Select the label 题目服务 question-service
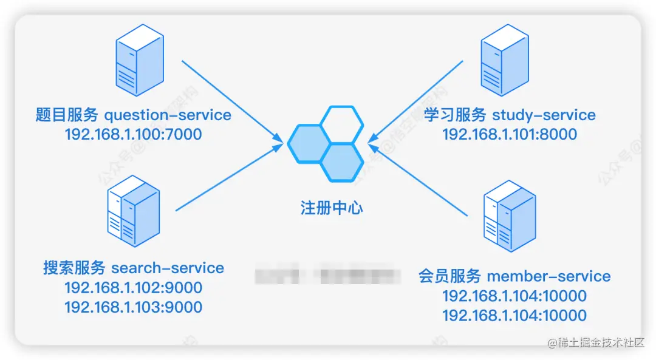(x=133, y=115)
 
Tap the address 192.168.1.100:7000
(x=133, y=134)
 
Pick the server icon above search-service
(x=134, y=211)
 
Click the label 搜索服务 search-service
(x=134, y=268)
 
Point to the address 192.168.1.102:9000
(x=134, y=287)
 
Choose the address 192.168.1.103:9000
(x=134, y=307)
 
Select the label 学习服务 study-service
(x=510, y=115)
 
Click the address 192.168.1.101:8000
(x=510, y=134)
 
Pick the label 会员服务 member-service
(x=514, y=276)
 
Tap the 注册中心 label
(x=332, y=208)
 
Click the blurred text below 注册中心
(x=328, y=276)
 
